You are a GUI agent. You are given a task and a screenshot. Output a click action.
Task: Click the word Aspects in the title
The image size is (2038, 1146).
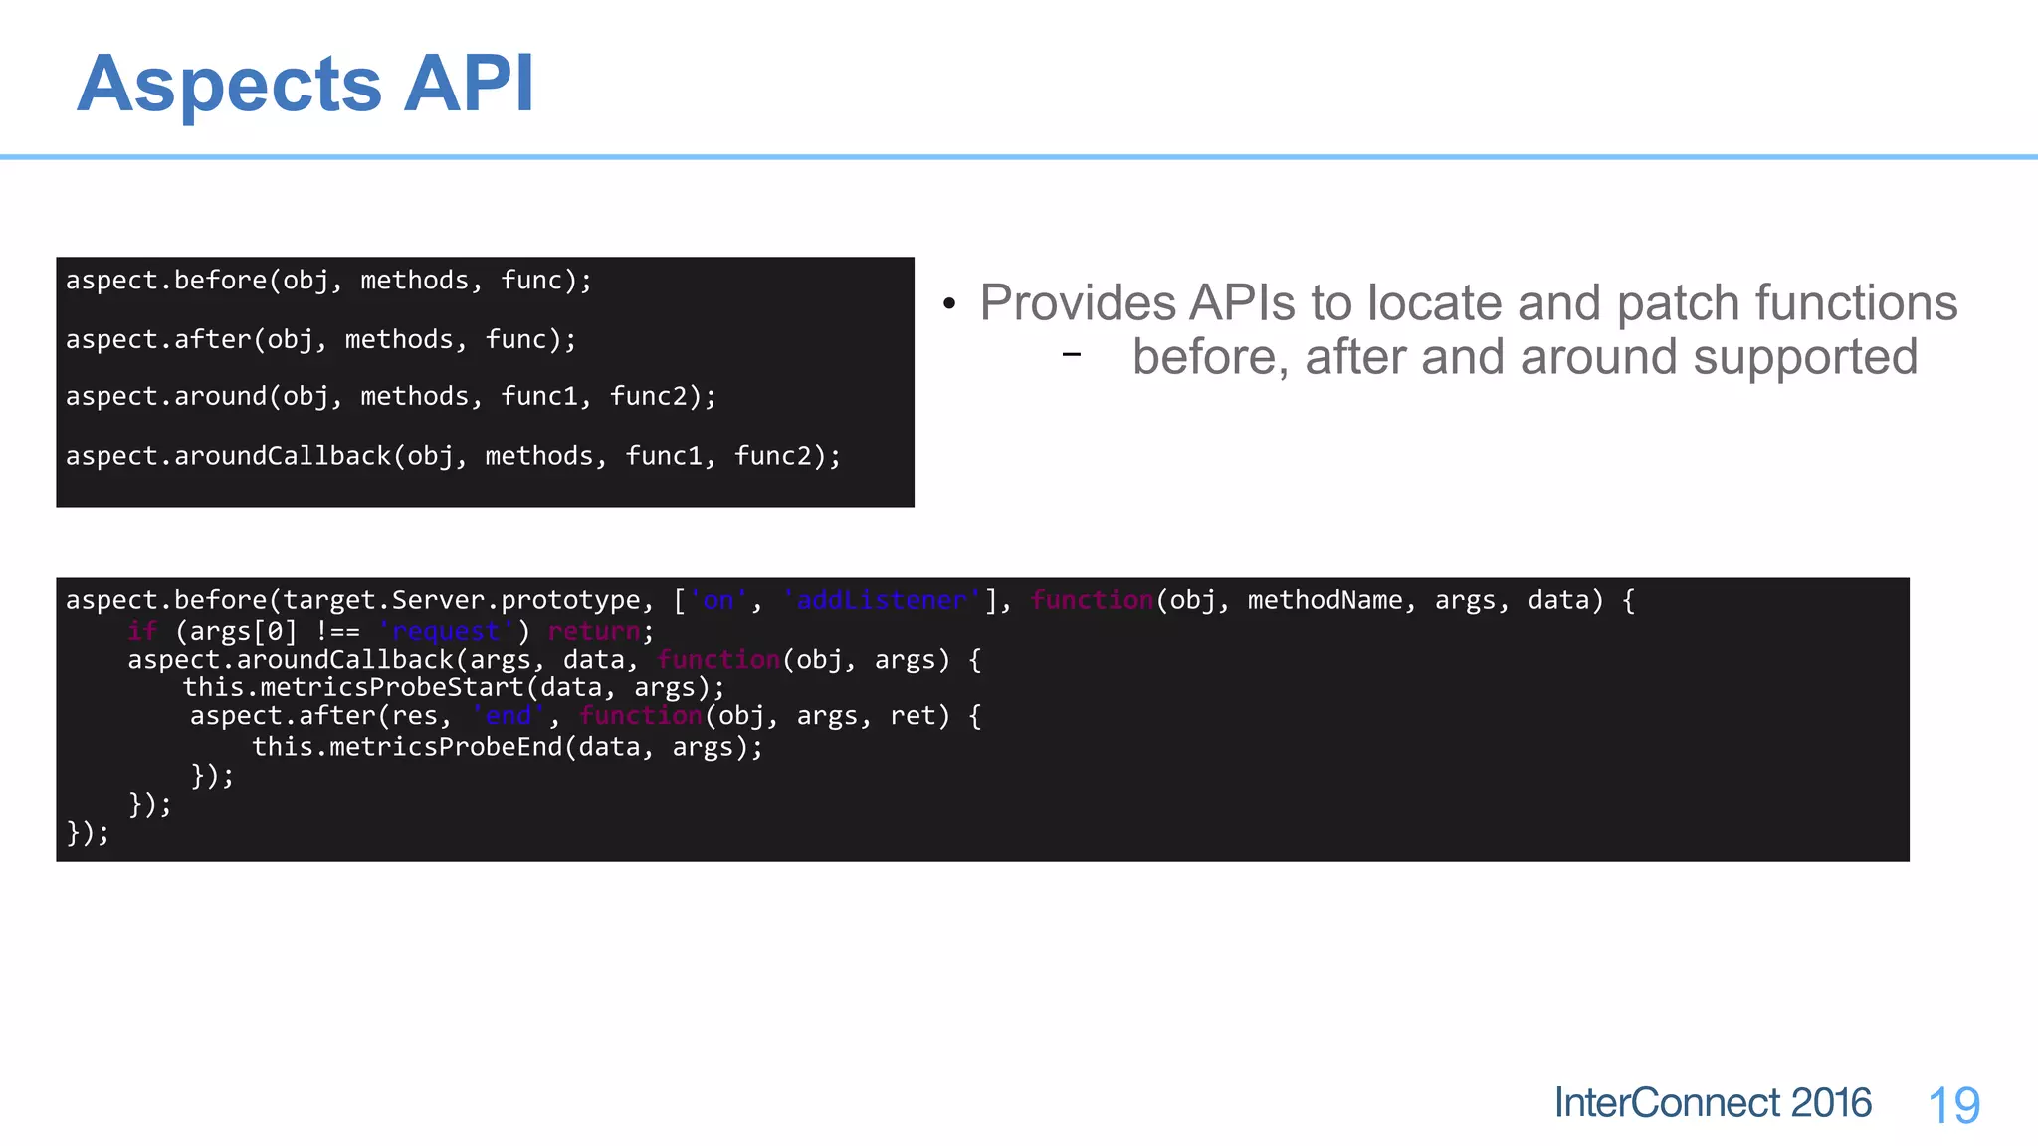tap(229, 85)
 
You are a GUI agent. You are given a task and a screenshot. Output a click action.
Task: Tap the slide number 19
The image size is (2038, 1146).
tap(1953, 1105)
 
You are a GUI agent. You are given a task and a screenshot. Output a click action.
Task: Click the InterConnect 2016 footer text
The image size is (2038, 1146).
tap(1713, 1103)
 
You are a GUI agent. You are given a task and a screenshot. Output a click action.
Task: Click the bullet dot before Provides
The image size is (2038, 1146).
tap(949, 304)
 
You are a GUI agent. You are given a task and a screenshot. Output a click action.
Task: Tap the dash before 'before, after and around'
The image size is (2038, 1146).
tap(1071, 354)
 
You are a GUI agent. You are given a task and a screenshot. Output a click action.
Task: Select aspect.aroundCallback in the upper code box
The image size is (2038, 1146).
tap(228, 456)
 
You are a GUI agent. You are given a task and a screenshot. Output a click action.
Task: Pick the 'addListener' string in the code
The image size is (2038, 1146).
tap(882, 600)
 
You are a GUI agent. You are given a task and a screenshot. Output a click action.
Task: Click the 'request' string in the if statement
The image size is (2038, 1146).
tap(446, 631)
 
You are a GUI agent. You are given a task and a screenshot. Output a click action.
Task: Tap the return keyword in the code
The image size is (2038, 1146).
tap(594, 631)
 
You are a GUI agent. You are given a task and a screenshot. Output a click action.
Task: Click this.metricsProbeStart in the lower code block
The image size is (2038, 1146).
tap(353, 687)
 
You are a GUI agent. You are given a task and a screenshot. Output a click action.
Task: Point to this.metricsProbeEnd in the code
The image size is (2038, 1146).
tap(407, 747)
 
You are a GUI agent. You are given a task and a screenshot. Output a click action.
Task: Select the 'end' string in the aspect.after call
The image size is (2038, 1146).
tap(509, 716)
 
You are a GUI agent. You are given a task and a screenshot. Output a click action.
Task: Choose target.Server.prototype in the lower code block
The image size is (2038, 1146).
tap(462, 600)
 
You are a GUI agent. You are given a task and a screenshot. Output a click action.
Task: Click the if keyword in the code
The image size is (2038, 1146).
tap(142, 631)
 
